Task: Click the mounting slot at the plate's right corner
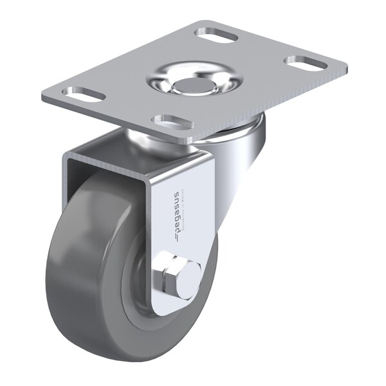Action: [306, 63]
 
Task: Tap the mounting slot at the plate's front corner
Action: [172, 120]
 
